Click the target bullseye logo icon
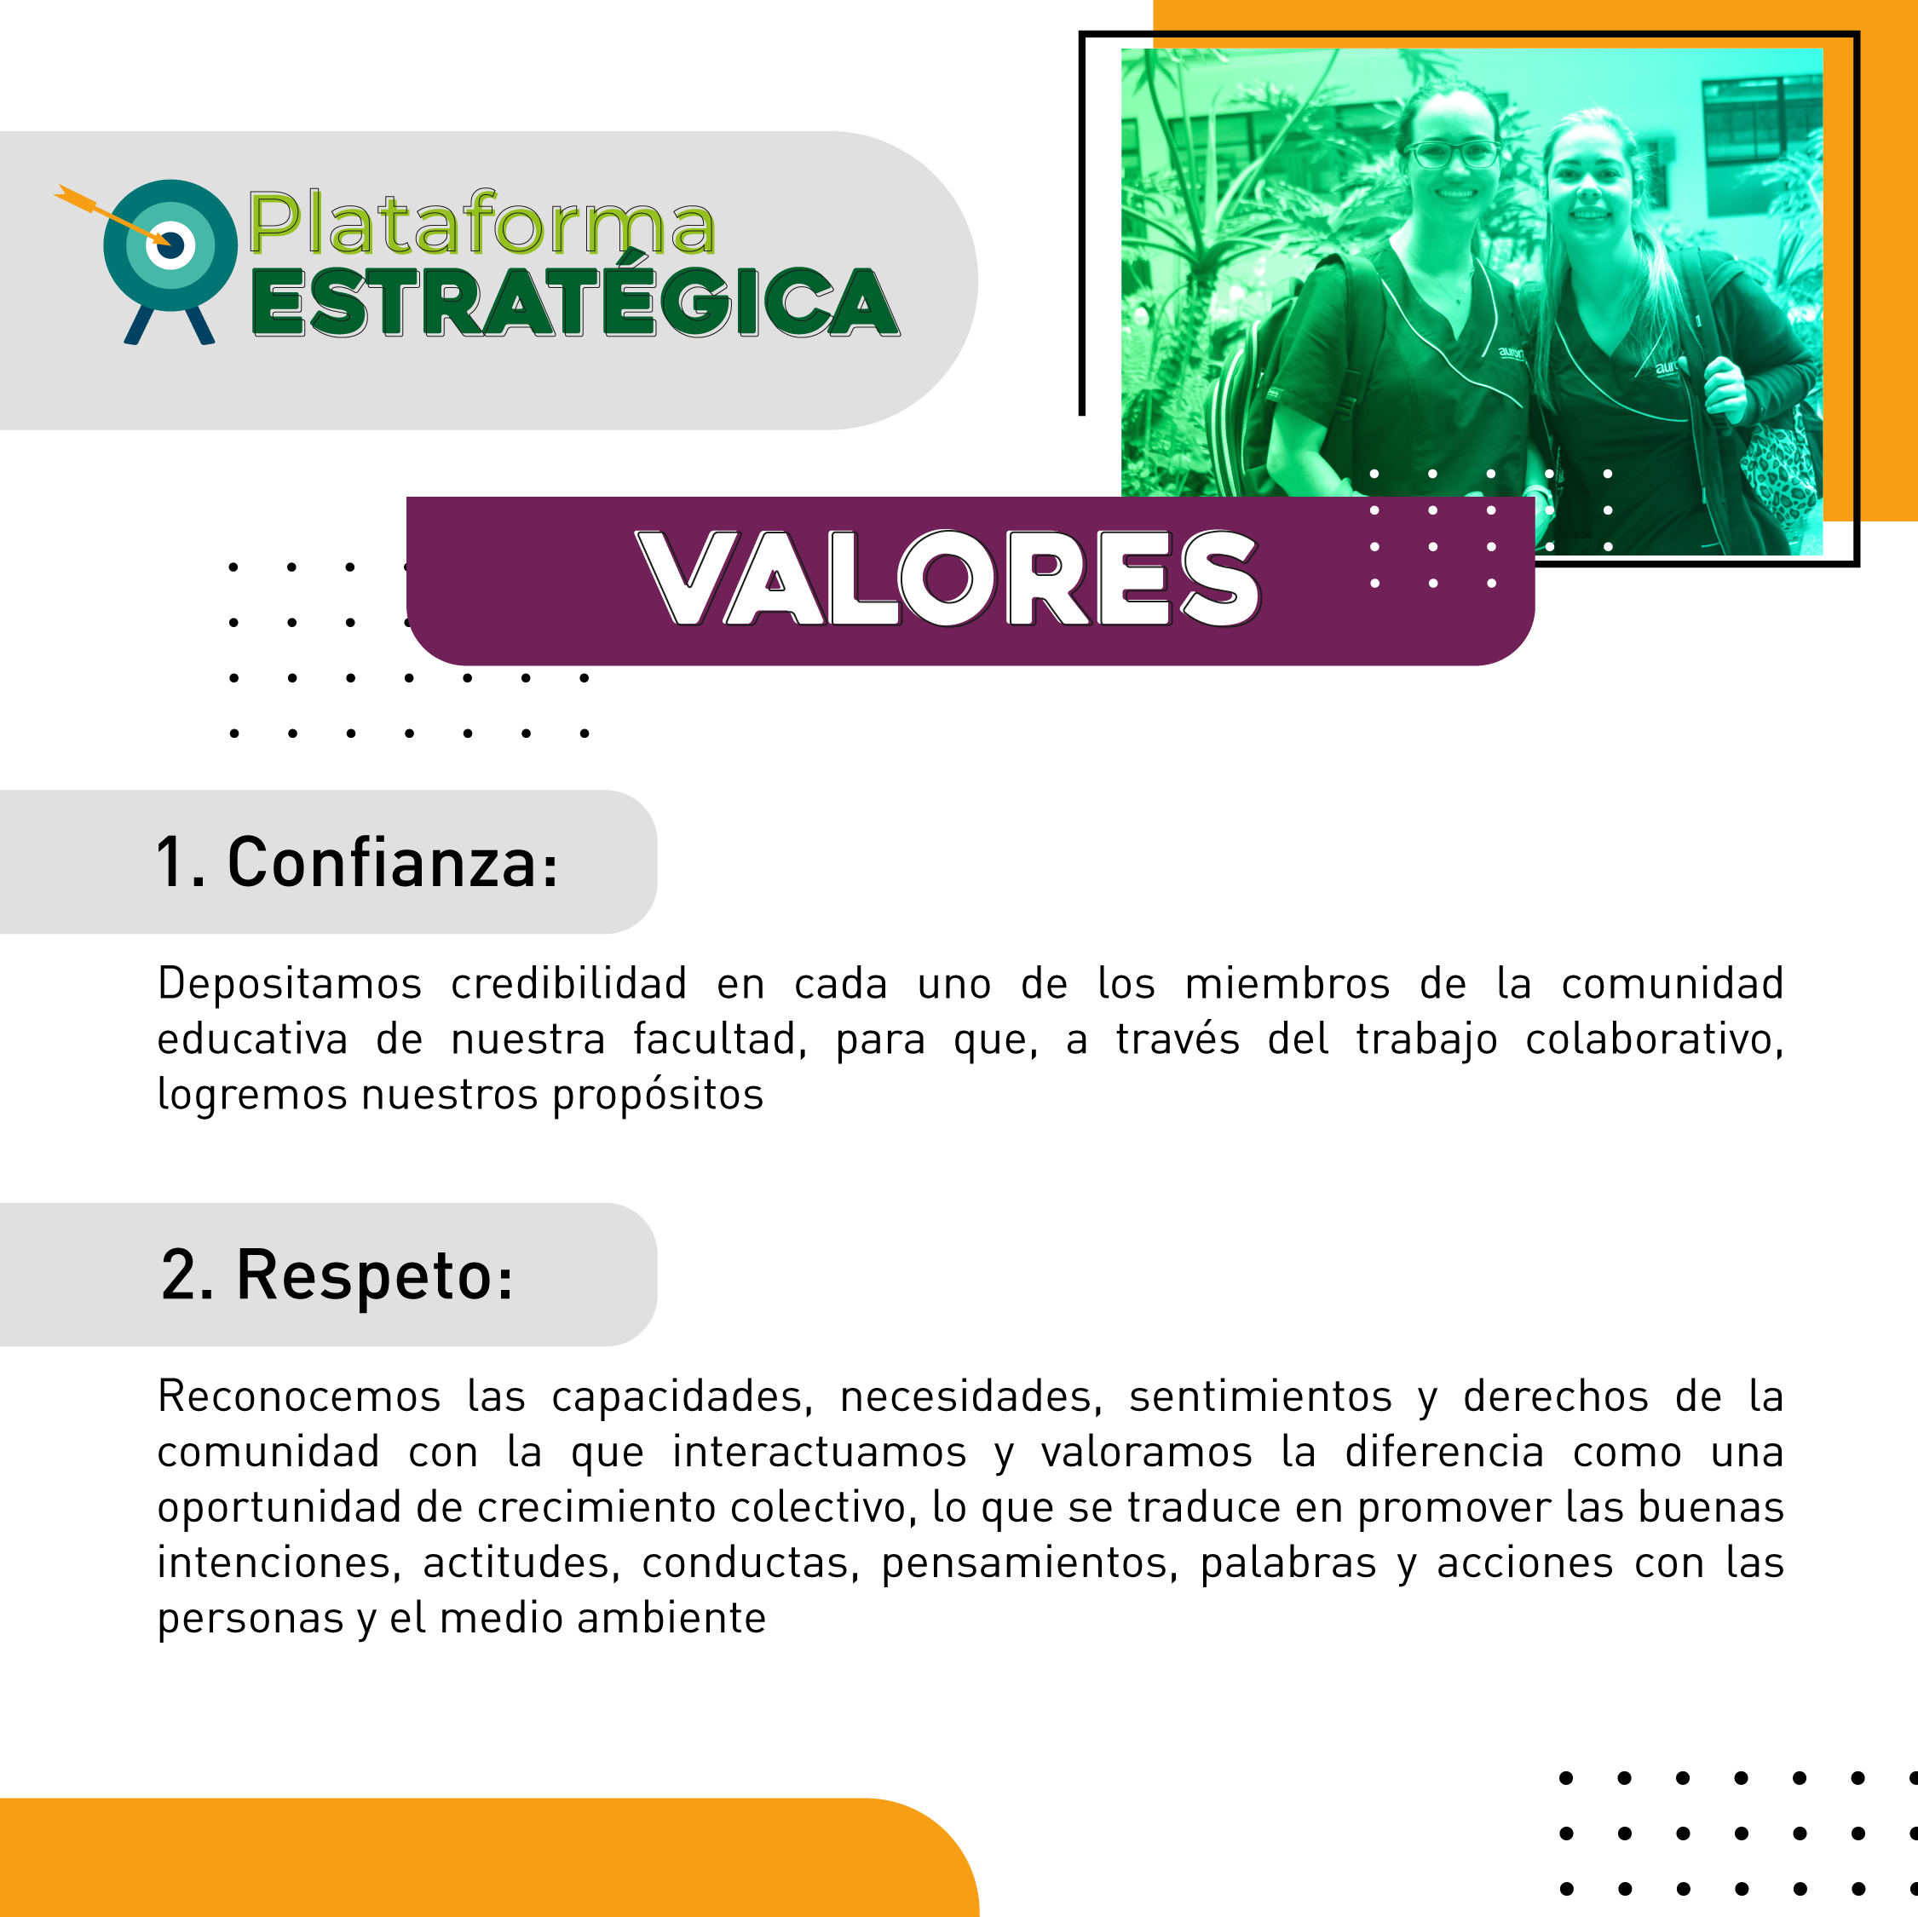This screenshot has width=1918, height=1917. [x=170, y=260]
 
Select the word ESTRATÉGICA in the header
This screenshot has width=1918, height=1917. [x=575, y=302]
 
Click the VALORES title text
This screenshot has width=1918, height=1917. [x=947, y=579]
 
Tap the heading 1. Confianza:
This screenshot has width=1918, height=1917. [x=357, y=861]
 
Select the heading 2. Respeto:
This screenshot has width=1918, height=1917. [x=337, y=1275]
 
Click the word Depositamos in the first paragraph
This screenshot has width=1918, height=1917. [x=290, y=985]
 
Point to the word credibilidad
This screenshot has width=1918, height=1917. [x=569, y=983]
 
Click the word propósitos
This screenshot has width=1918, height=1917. [x=658, y=1096]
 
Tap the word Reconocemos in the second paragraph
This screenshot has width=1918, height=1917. [x=299, y=1396]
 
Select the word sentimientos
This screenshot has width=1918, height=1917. [x=1261, y=1396]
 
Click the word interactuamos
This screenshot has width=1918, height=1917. [x=819, y=1452]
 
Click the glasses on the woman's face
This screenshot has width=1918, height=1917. [x=1453, y=154]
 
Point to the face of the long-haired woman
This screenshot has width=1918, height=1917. [x=1588, y=179]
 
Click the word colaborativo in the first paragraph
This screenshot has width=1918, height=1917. [x=1654, y=1039]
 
